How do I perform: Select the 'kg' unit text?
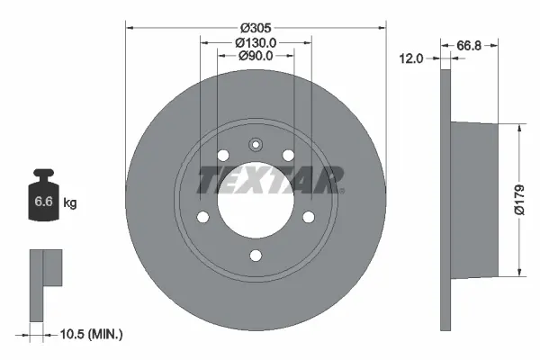pyautogui.click(x=69, y=203)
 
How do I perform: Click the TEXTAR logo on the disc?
pyautogui.click(x=270, y=180)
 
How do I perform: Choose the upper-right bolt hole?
pyautogui.click(x=288, y=156)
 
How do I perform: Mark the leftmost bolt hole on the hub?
pyautogui.click(x=202, y=216)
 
